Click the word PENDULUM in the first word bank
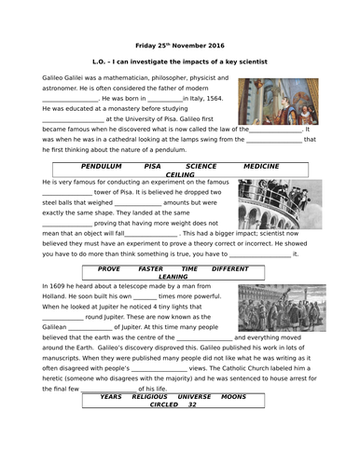pyautogui.click(x=102, y=164)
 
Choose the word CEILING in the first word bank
pyautogui.click(x=179, y=173)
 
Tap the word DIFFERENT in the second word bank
pyautogui.click(x=230, y=268)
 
